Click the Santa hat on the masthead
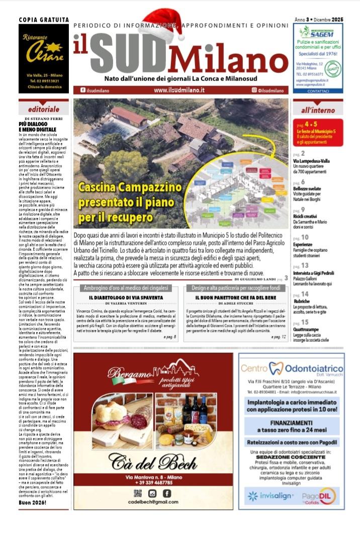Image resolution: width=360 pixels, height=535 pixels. [161, 25]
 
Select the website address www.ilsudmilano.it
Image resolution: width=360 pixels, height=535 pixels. [179, 90]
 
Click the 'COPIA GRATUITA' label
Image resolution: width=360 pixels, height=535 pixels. [44, 20]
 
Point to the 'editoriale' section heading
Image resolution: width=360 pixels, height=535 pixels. [44, 109]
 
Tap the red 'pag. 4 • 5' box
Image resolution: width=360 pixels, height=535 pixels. [318, 132]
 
